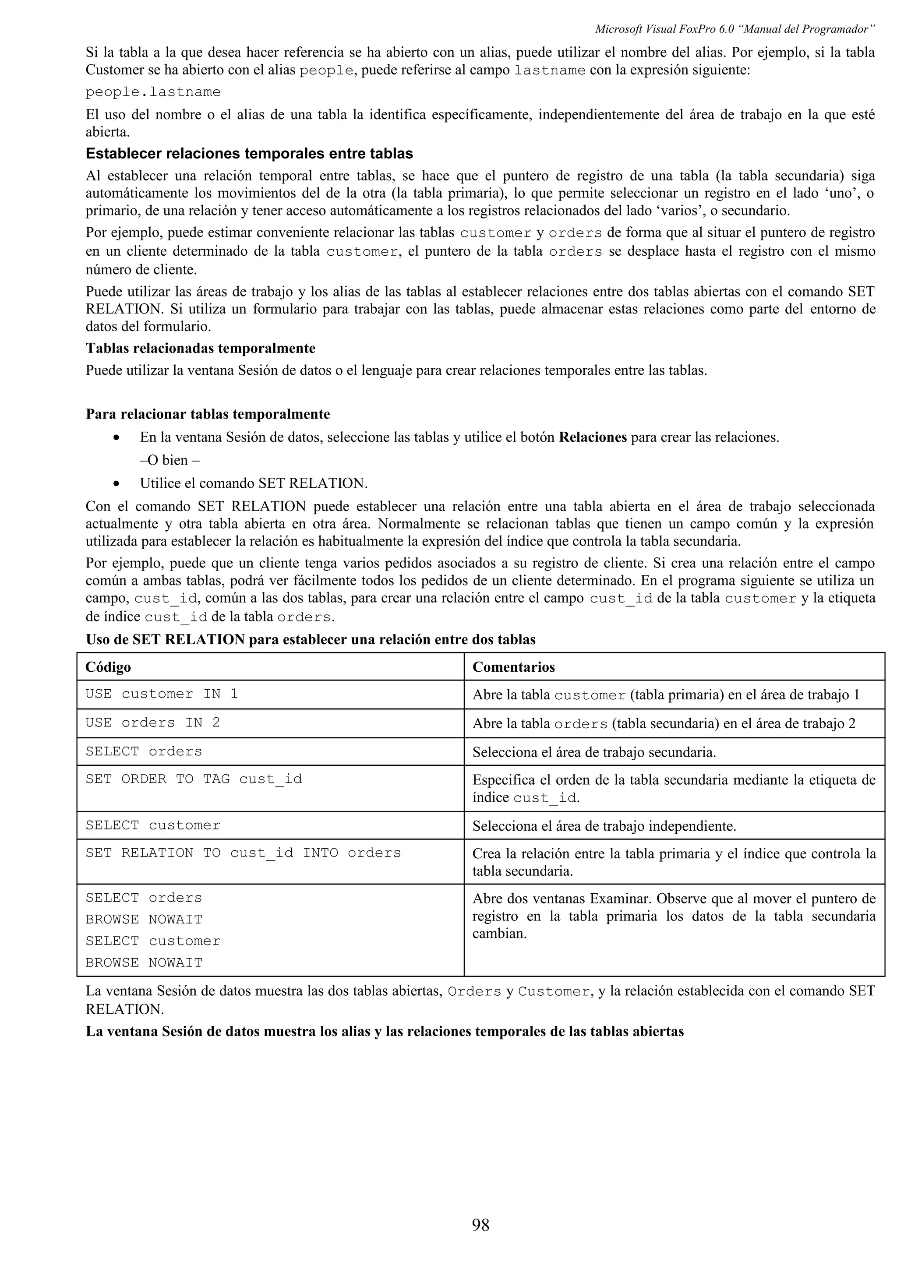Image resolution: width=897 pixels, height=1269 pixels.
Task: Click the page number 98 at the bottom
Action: pos(480,1225)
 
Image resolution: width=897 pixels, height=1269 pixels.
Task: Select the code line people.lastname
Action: pos(153,92)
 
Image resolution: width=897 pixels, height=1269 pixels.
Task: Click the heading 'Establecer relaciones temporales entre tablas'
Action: pos(249,153)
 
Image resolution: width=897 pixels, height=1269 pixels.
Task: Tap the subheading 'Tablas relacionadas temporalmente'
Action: pos(200,348)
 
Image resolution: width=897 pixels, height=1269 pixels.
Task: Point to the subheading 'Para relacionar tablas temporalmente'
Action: pos(207,414)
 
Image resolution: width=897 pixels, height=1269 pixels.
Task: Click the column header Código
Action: pos(108,667)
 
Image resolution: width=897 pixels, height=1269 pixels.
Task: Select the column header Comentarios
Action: pos(513,667)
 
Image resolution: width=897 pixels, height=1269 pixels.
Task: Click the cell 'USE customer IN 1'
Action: pos(161,694)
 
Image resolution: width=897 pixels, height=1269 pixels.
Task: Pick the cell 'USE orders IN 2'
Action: pos(152,723)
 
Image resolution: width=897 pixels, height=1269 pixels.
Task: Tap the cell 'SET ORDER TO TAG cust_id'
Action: pos(194,779)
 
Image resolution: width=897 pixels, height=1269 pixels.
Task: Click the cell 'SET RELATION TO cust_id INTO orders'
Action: pos(243,853)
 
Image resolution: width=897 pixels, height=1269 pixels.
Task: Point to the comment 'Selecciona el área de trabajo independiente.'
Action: pos(604,826)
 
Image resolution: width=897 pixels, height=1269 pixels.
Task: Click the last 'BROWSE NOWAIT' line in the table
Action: pos(144,963)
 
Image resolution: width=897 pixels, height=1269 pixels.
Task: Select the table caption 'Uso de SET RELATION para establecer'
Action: pos(310,640)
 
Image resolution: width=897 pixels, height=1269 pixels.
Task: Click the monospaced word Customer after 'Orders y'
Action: pos(554,991)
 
